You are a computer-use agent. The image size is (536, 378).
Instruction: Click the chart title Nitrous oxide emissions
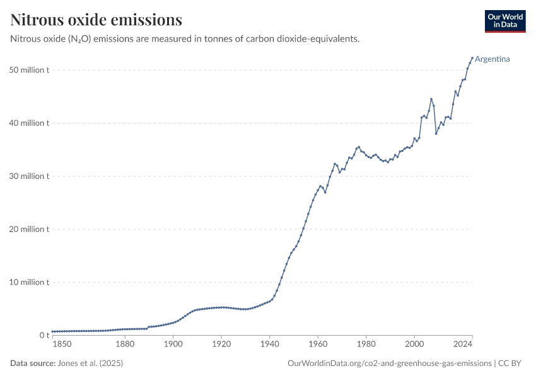pyautogui.click(x=96, y=20)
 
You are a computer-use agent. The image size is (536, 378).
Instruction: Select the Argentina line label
pyautogui.click(x=492, y=59)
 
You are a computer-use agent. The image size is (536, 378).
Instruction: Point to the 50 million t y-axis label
pyautogui.click(x=30, y=70)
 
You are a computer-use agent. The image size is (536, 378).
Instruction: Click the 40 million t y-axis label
pyautogui.click(x=30, y=123)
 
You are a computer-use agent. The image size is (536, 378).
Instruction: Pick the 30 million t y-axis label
pyautogui.click(x=30, y=176)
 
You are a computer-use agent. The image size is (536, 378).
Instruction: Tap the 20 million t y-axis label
pyautogui.click(x=30, y=229)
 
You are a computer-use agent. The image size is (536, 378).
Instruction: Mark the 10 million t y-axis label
pyautogui.click(x=30, y=282)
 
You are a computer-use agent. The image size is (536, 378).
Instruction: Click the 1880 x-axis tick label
pyautogui.click(x=125, y=345)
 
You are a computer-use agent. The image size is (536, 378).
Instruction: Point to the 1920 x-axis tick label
pyautogui.click(x=221, y=345)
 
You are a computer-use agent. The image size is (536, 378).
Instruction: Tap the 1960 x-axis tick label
pyautogui.click(x=318, y=345)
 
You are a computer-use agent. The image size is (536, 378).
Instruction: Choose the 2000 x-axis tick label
pyautogui.click(x=414, y=345)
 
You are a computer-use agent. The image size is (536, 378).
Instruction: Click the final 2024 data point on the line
pyautogui.click(x=472, y=58)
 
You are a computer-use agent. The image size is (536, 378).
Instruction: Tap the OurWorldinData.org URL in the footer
pyautogui.click(x=389, y=363)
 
